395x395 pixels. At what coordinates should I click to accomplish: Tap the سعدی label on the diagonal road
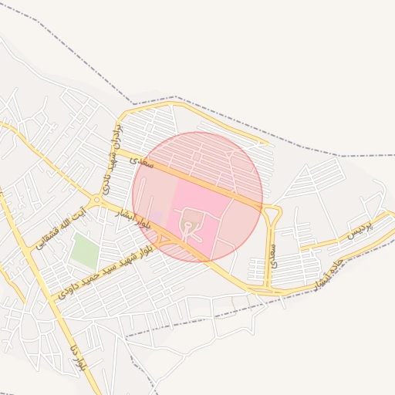(143, 162)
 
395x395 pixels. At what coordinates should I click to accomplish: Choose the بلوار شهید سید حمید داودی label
(107, 268)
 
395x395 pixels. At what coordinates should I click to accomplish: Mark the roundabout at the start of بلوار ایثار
(96, 201)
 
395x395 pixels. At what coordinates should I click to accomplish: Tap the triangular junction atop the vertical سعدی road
(271, 210)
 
